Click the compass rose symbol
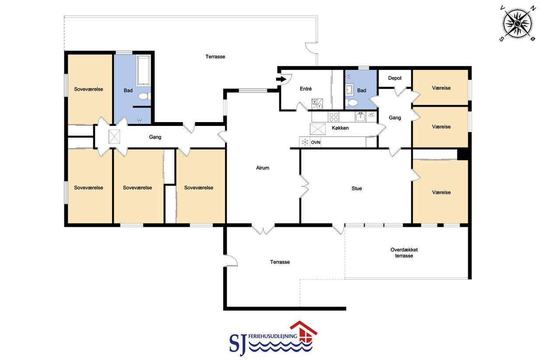point(518,23)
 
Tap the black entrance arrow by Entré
point(281,79)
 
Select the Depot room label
point(395,78)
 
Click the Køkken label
point(340,128)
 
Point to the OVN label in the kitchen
point(316,143)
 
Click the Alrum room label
point(263,168)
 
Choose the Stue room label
point(357,189)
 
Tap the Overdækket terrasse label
point(404,253)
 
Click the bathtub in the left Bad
point(144,70)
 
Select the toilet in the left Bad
point(144,96)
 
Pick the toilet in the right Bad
point(352,103)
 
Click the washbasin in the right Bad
point(349,90)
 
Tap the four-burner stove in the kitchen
point(333,117)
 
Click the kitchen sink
point(361,117)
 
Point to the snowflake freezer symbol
point(305,142)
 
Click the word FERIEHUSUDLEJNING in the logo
point(273,336)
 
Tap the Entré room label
point(306,89)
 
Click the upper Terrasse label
point(215,56)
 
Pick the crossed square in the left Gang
point(114,136)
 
